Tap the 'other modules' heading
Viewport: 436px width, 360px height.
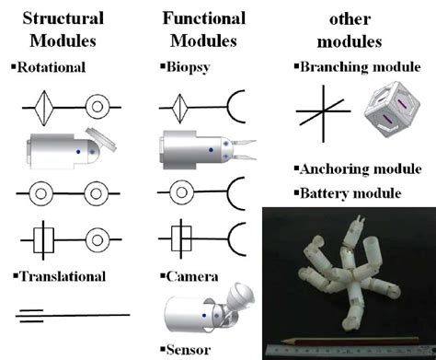click(x=350, y=29)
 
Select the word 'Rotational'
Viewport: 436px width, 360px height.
click(x=53, y=67)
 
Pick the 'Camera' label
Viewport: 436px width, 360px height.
click(x=193, y=276)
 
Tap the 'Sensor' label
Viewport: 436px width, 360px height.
click(x=190, y=350)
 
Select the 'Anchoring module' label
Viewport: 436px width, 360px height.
click(x=353, y=169)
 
